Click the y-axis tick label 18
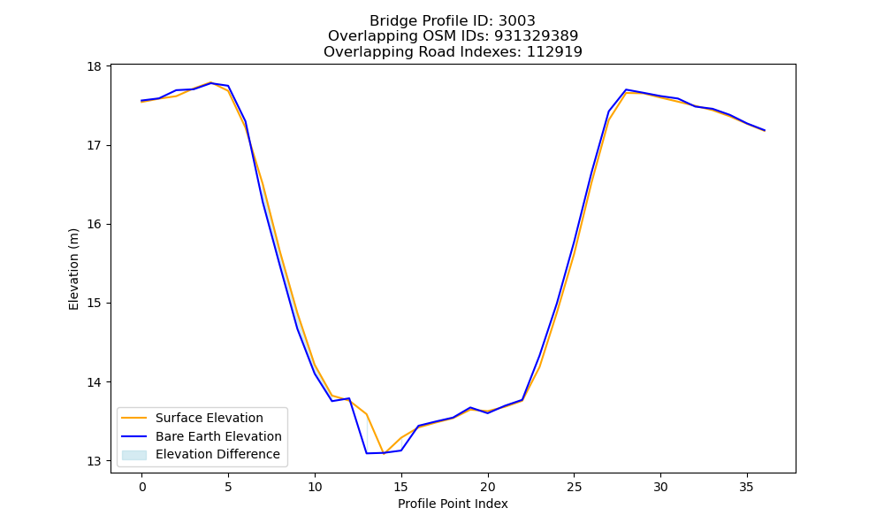(94, 66)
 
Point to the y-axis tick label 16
(94, 225)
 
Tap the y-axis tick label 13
(94, 461)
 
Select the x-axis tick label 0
(142, 487)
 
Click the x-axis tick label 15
(400, 487)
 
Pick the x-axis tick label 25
(574, 487)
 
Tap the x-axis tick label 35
(746, 487)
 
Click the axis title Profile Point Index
(453, 504)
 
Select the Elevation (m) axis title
(73, 269)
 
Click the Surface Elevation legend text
(210, 418)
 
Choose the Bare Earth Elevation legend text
(218, 436)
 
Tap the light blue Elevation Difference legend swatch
(134, 455)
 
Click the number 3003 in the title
(517, 21)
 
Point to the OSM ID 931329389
(537, 36)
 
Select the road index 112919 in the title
(554, 52)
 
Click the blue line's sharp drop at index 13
(367, 453)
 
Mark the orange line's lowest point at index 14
(384, 452)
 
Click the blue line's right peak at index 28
(626, 89)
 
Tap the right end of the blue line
(765, 130)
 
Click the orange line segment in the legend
(134, 418)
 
